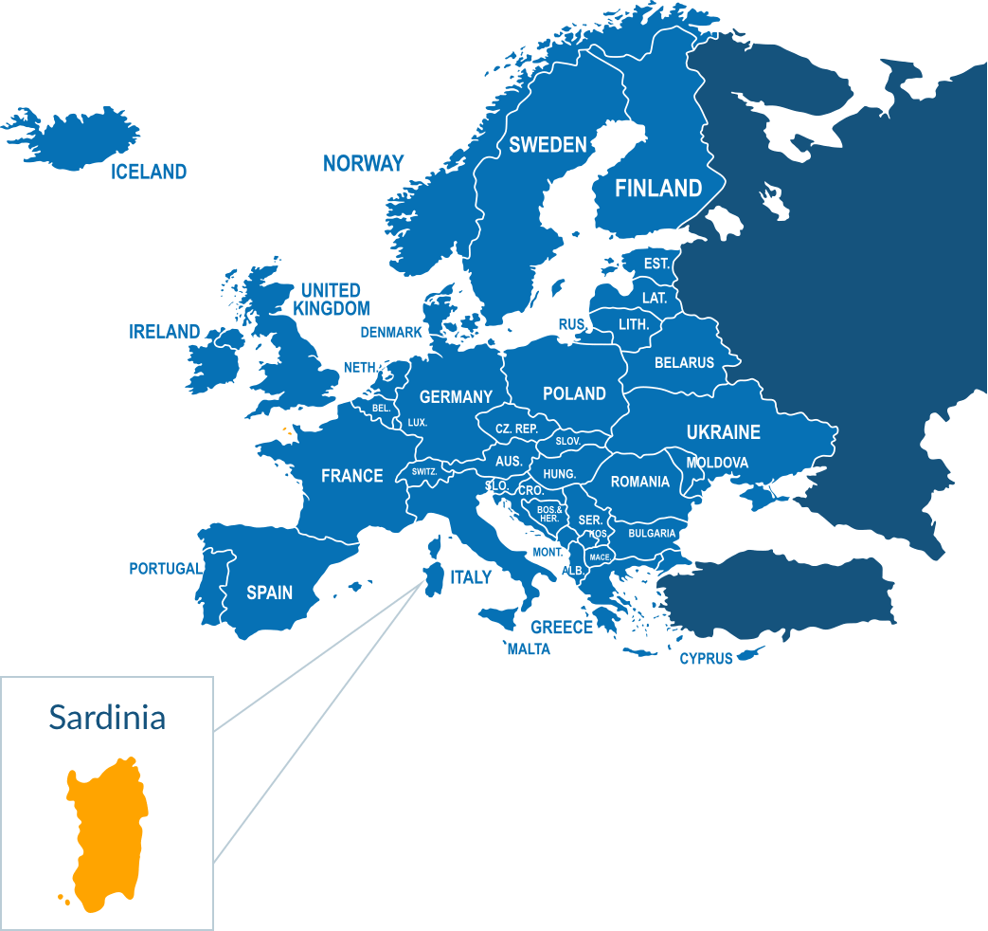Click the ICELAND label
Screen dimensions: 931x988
(x=149, y=172)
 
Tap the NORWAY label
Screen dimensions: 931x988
(x=363, y=163)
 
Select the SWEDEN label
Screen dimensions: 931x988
(x=548, y=144)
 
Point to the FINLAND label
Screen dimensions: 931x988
(x=658, y=188)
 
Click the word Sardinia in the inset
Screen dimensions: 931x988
(x=107, y=717)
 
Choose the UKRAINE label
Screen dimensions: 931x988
(x=723, y=431)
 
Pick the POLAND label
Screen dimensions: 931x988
(x=574, y=393)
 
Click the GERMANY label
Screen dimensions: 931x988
(x=456, y=396)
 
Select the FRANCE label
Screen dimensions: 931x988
(x=351, y=475)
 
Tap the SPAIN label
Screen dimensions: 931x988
(x=269, y=593)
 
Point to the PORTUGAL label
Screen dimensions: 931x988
(x=165, y=569)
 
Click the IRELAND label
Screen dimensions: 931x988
(x=165, y=332)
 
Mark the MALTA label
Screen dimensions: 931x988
(x=528, y=649)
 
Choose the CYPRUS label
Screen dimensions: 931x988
(x=706, y=658)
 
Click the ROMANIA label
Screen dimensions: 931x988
(x=639, y=482)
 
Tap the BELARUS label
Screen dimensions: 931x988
(x=684, y=362)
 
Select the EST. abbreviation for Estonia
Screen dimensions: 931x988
(x=656, y=264)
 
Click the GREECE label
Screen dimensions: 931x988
(x=561, y=627)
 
